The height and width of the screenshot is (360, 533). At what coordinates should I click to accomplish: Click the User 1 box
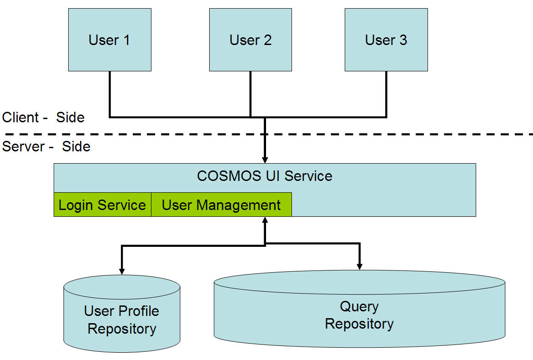(110, 40)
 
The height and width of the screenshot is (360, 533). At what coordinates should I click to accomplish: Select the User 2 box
(251, 40)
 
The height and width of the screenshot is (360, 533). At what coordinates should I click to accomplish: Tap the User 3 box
(386, 40)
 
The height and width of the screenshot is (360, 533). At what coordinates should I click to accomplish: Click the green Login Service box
(102, 205)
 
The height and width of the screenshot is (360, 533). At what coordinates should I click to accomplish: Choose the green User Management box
(221, 205)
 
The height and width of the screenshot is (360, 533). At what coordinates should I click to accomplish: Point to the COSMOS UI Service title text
(265, 176)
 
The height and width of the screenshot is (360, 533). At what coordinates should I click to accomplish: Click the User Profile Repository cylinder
(122, 314)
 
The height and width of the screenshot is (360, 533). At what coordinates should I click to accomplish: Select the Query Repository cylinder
(359, 309)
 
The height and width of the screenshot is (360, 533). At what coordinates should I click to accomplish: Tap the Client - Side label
(43, 117)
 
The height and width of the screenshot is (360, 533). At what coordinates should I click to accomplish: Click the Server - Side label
(46, 146)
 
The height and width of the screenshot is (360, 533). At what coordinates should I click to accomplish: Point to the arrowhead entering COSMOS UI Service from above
(265, 160)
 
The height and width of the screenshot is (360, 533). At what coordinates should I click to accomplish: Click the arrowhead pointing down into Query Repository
(359, 267)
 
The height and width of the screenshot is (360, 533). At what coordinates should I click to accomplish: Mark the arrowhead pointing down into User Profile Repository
(122, 271)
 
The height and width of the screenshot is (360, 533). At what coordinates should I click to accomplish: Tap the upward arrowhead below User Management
(265, 220)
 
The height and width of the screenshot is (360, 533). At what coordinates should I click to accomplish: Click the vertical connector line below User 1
(110, 94)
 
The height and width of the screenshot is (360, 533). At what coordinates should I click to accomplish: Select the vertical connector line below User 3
(386, 94)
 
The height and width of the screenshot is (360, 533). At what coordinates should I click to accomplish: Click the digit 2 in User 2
(267, 40)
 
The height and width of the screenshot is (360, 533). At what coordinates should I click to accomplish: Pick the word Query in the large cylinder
(359, 307)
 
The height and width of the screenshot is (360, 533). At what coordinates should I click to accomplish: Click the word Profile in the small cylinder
(139, 311)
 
